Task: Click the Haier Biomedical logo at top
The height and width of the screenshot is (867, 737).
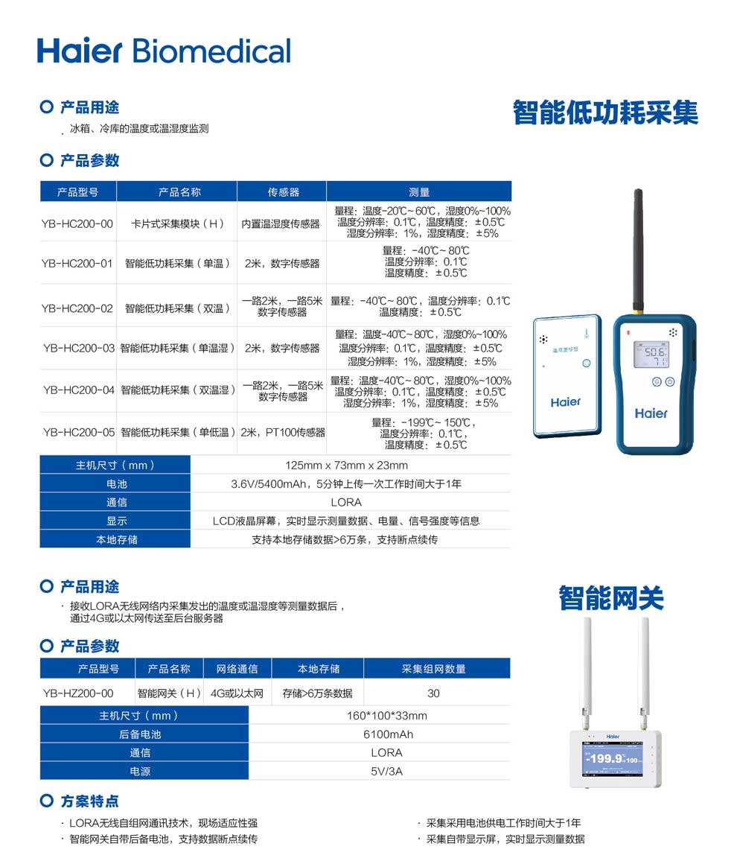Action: click(164, 50)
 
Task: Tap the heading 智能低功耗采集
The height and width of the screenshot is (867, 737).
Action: click(605, 112)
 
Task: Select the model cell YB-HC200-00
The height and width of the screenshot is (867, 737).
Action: click(77, 223)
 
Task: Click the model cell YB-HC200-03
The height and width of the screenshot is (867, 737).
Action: click(78, 348)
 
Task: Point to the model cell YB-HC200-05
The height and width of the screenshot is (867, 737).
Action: click(78, 432)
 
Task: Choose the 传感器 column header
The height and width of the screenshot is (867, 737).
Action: click(283, 191)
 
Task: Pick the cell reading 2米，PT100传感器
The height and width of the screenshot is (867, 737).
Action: click(282, 432)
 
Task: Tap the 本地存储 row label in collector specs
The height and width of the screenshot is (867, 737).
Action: click(116, 539)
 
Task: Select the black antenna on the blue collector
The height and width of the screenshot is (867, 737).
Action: click(638, 250)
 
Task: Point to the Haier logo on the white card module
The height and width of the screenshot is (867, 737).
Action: click(565, 402)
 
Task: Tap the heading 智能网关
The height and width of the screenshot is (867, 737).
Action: click(611, 598)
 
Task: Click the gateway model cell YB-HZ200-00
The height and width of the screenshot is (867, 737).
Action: click(78, 693)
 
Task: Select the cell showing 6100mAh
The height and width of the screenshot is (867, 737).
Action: click(386, 734)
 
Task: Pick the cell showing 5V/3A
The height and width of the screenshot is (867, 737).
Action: click(386, 771)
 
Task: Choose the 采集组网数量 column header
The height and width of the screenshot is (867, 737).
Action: click(433, 669)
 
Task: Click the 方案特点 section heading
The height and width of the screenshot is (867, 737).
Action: click(89, 801)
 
